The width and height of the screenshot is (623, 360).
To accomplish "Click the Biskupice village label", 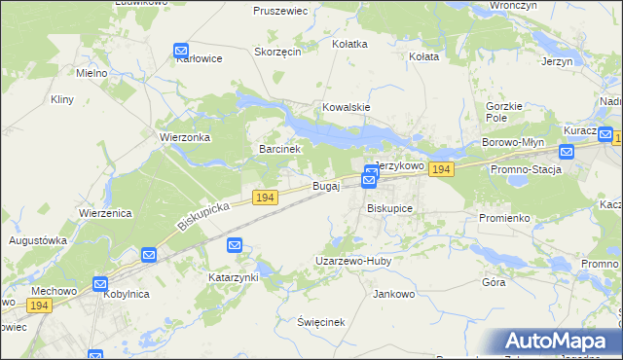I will pyautogui.click(x=389, y=208).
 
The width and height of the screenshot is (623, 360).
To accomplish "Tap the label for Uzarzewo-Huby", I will pyautogui.click(x=352, y=261).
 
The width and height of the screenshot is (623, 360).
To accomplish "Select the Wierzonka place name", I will pyautogui.click(x=185, y=137).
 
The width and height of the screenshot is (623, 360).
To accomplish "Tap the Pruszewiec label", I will pyautogui.click(x=280, y=11).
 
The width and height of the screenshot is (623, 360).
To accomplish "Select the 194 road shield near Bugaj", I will pyautogui.click(x=266, y=198).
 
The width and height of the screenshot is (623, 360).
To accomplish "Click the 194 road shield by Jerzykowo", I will pyautogui.click(x=441, y=169).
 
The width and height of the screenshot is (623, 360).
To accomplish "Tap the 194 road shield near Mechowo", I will pyautogui.click(x=39, y=306).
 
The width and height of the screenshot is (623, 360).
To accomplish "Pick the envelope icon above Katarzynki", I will pyautogui.click(x=235, y=246).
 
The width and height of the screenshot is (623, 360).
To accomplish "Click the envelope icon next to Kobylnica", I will pyautogui.click(x=100, y=284).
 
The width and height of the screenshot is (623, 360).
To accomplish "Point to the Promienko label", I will pyautogui.click(x=503, y=218).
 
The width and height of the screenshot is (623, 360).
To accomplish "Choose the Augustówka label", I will pyautogui.click(x=37, y=239).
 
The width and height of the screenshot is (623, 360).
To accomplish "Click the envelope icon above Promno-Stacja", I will pyautogui.click(x=567, y=151).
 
